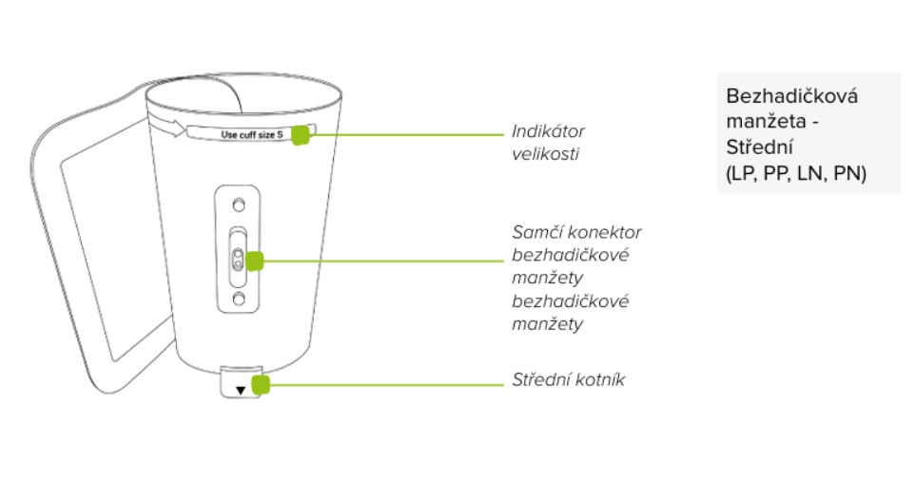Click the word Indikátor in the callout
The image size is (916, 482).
(x=548, y=130)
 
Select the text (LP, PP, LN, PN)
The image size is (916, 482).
(x=795, y=175)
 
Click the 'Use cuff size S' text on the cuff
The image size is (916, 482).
(x=252, y=135)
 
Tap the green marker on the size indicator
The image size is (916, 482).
(x=301, y=135)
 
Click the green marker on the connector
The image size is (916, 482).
(x=253, y=260)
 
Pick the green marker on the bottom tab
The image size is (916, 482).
(x=262, y=384)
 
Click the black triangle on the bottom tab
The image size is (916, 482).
(x=241, y=389)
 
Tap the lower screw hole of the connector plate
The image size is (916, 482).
(x=239, y=299)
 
